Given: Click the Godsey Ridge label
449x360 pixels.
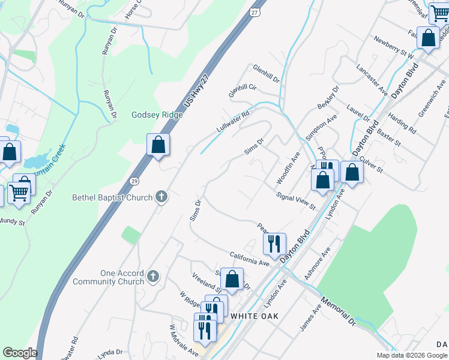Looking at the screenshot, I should (157, 115).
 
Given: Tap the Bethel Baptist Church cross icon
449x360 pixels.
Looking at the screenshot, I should (161, 196).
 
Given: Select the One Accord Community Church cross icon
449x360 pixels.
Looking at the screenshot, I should (153, 277).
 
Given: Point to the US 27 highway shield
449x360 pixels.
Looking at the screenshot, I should (255, 11).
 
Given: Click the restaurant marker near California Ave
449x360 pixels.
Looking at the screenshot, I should (275, 244).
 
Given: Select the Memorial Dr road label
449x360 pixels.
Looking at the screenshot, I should (339, 310).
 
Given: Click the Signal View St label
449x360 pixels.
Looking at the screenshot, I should (296, 201).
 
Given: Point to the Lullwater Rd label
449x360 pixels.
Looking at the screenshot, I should (233, 122).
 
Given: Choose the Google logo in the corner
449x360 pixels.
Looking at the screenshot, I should (20, 353).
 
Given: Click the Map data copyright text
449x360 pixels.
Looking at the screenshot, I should (412, 355).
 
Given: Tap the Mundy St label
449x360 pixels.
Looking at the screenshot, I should (12, 222).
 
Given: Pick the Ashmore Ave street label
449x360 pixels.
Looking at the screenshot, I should (318, 264).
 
